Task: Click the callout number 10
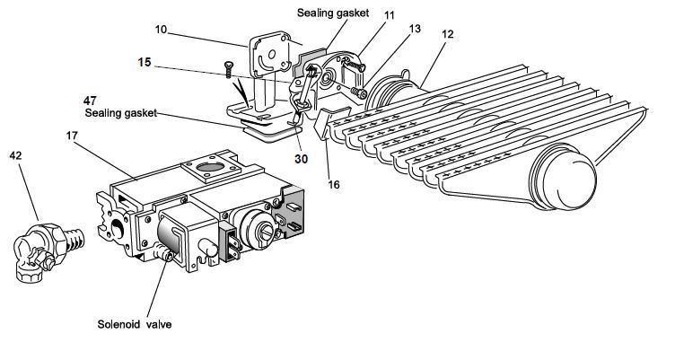pos(161,30)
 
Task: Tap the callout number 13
pos(415,30)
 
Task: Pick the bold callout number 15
pos(145,63)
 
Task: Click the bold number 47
pos(91,101)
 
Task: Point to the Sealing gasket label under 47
pos(121,113)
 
